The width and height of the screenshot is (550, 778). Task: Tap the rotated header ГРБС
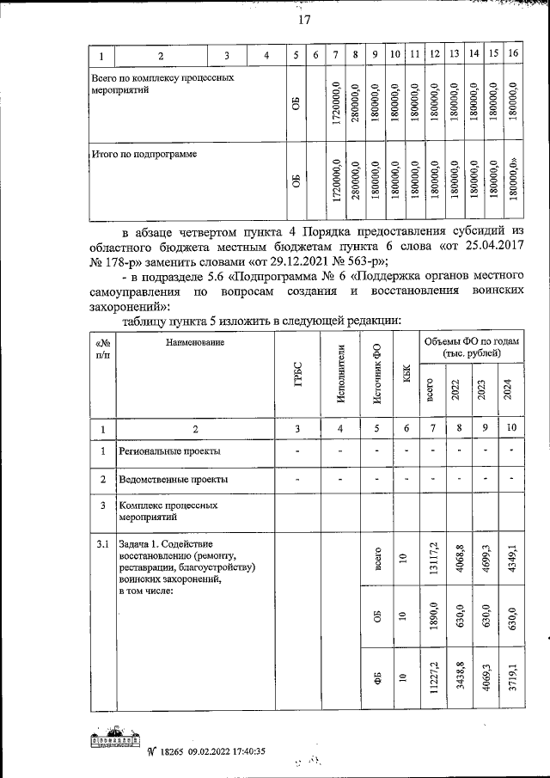(x=297, y=375)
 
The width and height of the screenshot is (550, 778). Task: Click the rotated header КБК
(x=406, y=375)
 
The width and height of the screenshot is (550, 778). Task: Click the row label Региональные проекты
(x=169, y=450)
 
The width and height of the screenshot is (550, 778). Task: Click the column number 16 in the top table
(x=513, y=56)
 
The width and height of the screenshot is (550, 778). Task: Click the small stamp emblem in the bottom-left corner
(x=116, y=741)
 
